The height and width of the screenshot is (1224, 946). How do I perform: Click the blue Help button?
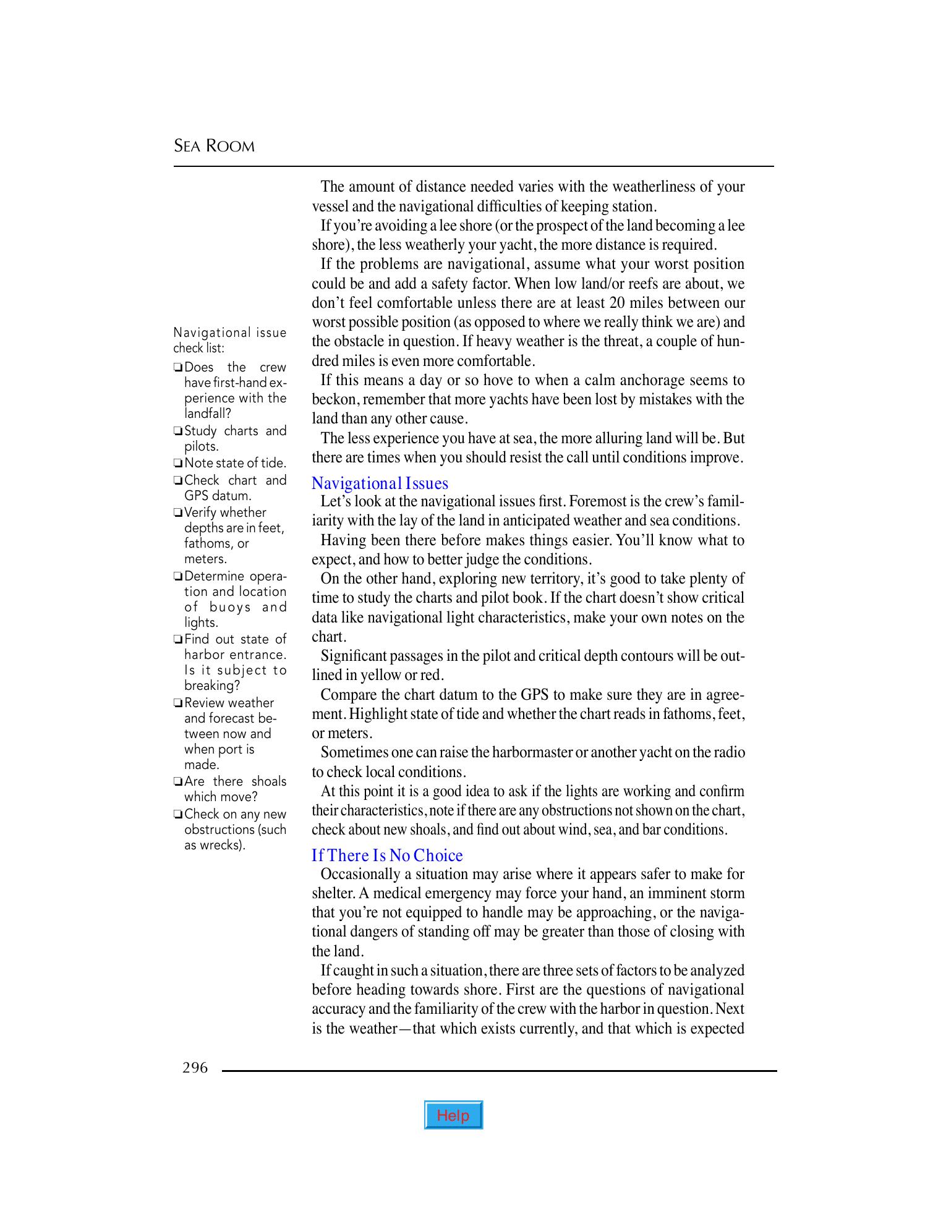(453, 1115)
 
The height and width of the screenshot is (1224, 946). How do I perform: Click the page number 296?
(195, 1068)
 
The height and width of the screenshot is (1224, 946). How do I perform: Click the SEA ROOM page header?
(214, 147)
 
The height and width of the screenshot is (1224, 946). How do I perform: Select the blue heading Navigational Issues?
(380, 483)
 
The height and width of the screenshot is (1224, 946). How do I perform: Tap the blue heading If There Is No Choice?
(387, 856)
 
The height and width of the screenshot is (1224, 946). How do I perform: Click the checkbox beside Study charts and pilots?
(177, 431)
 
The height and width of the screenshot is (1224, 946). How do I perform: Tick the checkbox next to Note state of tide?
(177, 463)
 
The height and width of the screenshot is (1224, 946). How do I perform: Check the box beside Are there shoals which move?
(177, 782)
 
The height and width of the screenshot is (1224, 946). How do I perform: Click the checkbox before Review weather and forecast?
(177, 703)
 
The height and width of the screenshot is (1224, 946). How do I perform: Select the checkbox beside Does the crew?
(177, 367)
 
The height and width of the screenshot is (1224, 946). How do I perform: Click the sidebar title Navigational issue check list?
(229, 340)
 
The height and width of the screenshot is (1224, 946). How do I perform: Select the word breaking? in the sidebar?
(212, 686)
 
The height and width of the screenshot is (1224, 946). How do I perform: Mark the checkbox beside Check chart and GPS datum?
(177, 480)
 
